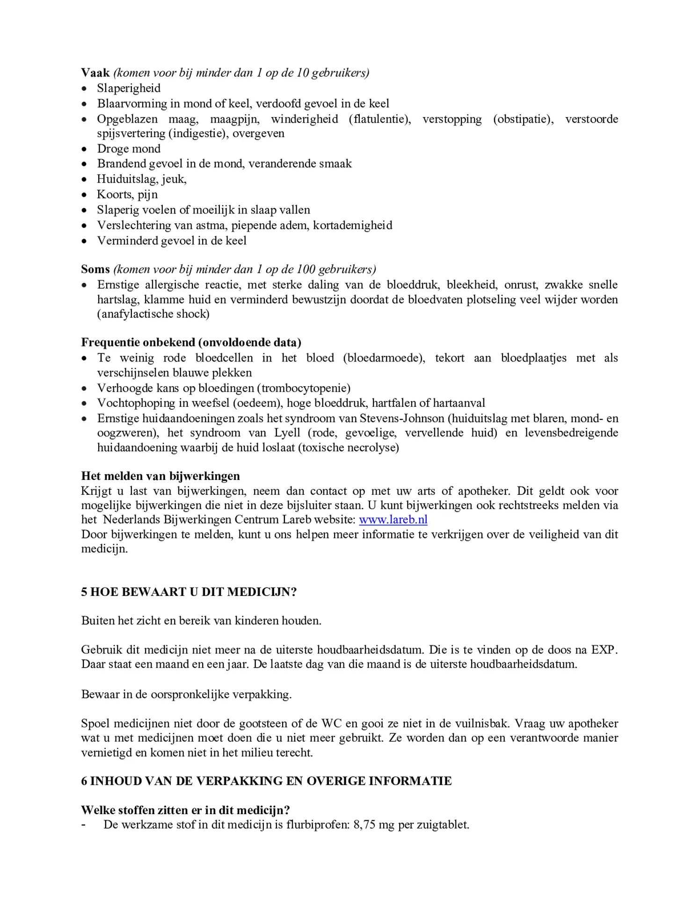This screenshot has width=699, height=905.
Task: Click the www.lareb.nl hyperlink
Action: [x=393, y=520]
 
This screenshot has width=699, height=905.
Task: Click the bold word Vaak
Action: [x=95, y=73]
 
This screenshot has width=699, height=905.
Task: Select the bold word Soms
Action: [x=95, y=269]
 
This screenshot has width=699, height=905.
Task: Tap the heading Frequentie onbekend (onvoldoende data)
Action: [x=191, y=342]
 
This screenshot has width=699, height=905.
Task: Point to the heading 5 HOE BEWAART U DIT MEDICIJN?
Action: [x=189, y=592]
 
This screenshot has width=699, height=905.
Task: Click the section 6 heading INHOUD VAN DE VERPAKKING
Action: [x=266, y=781]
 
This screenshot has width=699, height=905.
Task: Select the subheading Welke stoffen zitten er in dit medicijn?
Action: [x=185, y=810]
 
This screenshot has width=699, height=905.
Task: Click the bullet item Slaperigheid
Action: [x=129, y=88]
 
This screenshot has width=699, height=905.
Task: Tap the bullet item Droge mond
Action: [x=129, y=148]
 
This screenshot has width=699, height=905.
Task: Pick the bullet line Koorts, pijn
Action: [x=127, y=194]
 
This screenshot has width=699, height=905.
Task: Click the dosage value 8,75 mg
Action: [x=374, y=824]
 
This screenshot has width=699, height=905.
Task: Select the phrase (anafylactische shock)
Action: [x=153, y=314]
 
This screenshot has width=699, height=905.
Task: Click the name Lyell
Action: [x=287, y=433]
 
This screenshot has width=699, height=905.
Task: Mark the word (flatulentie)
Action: [x=379, y=119]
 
